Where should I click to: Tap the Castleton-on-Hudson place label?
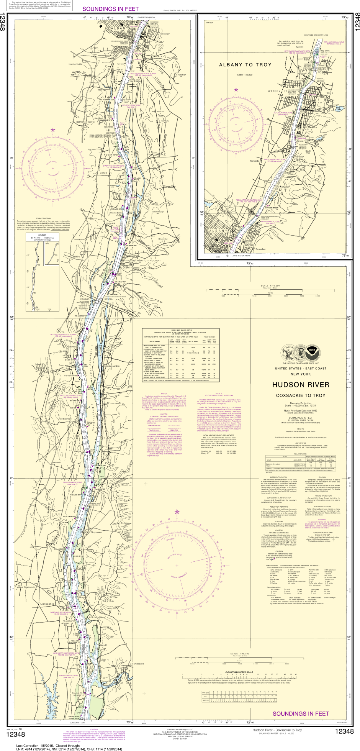click(145, 261)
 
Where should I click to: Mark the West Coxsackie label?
click(26, 587)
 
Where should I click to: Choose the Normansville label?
click(76, 64)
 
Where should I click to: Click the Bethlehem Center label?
click(86, 122)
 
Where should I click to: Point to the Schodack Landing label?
click(111, 366)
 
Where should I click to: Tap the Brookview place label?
click(163, 239)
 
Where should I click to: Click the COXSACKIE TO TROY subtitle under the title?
click(301, 395)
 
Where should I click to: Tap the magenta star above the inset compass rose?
click(236, 90)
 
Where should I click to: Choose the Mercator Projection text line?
click(301, 403)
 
